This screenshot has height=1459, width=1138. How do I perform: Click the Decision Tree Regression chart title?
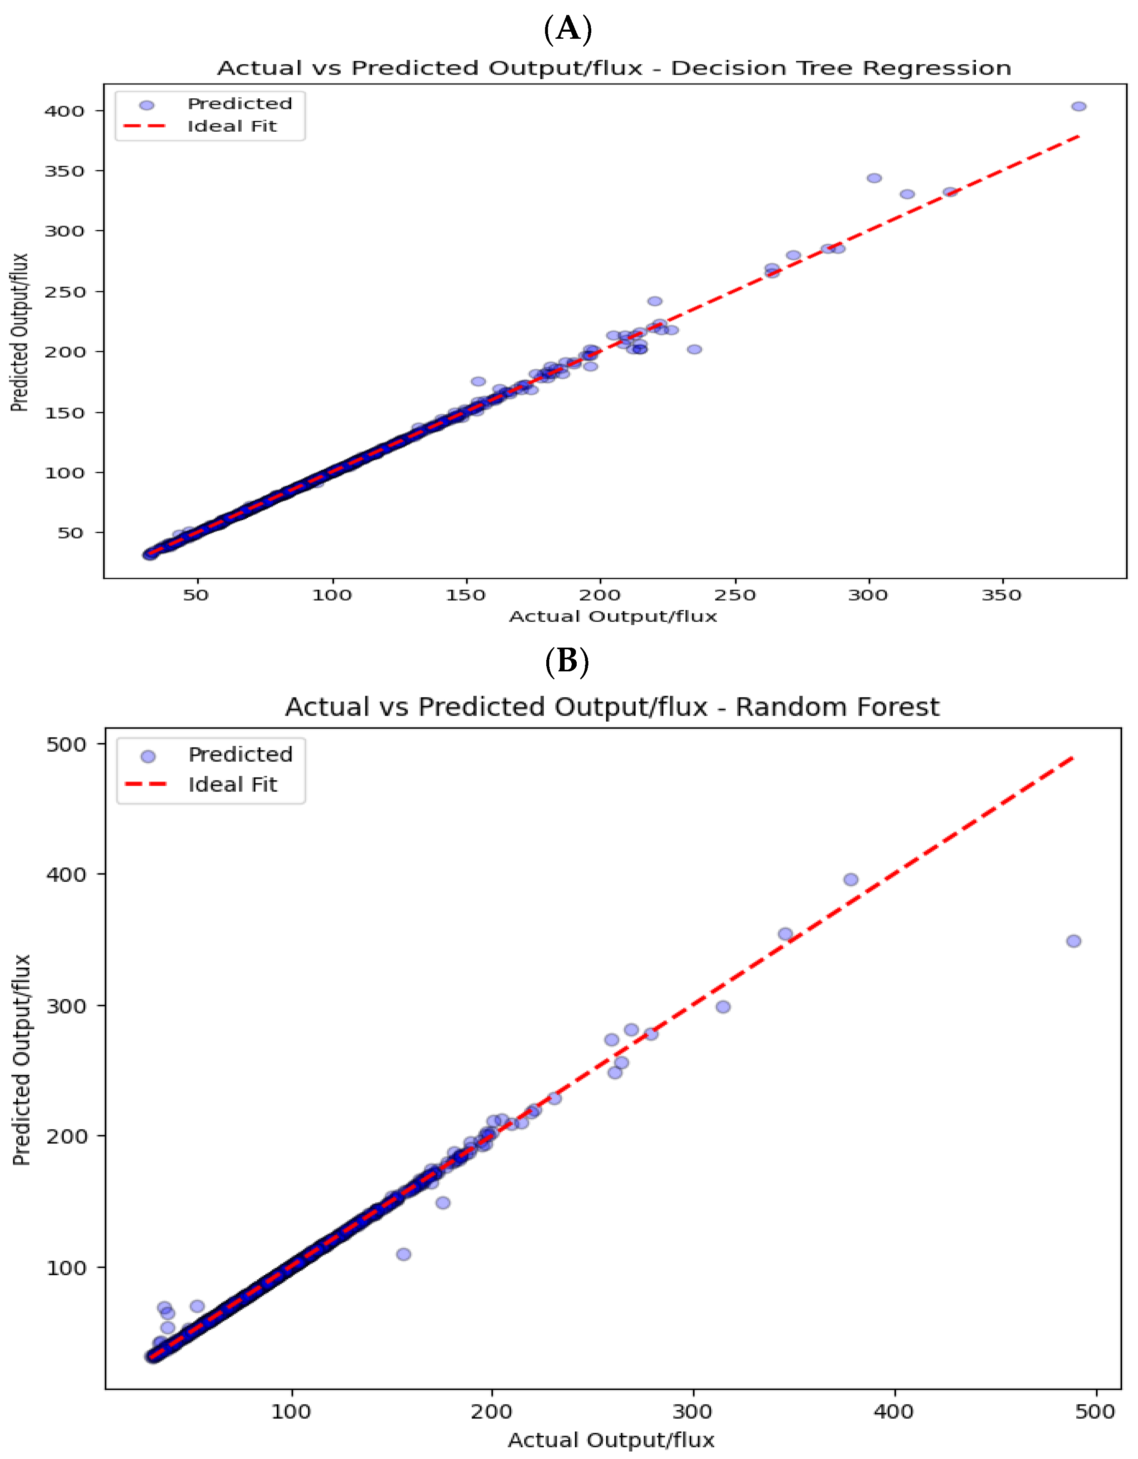pyautogui.click(x=614, y=68)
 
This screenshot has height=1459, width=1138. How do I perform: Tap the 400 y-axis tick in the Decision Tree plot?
pyautogui.click(x=64, y=111)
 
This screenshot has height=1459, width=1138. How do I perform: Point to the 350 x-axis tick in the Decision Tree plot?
pyautogui.click(x=1001, y=595)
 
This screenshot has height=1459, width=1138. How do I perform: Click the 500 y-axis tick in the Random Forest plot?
pyautogui.click(x=66, y=744)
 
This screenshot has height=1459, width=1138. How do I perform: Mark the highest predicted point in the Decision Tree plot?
pyautogui.click(x=1078, y=107)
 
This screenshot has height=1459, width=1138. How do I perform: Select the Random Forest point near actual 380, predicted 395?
pyautogui.click(x=850, y=880)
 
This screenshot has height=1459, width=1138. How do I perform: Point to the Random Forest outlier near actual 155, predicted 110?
pyautogui.click(x=403, y=1254)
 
